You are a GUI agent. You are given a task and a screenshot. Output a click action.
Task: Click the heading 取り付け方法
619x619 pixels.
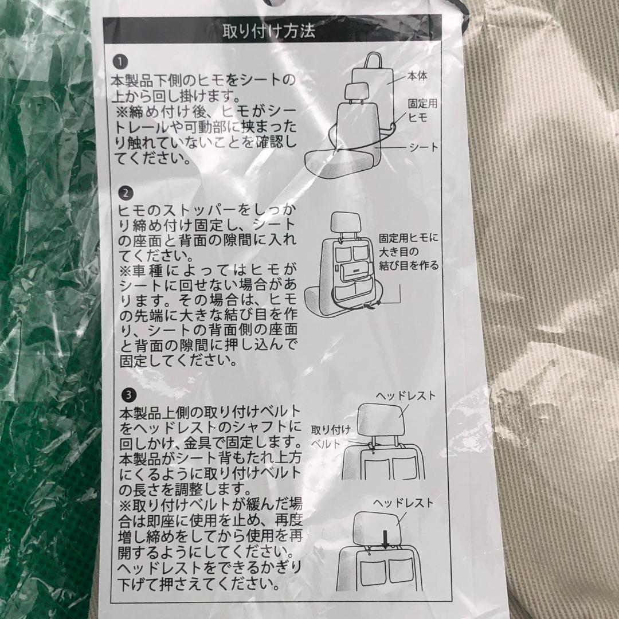coord(269,30)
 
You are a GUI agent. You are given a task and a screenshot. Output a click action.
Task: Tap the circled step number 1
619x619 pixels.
coord(119,61)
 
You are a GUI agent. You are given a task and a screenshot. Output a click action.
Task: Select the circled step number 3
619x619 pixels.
coord(128,395)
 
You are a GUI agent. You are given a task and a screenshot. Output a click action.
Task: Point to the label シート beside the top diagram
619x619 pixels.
coord(423,147)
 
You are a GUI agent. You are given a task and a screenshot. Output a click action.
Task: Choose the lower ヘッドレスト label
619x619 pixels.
coord(403,503)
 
